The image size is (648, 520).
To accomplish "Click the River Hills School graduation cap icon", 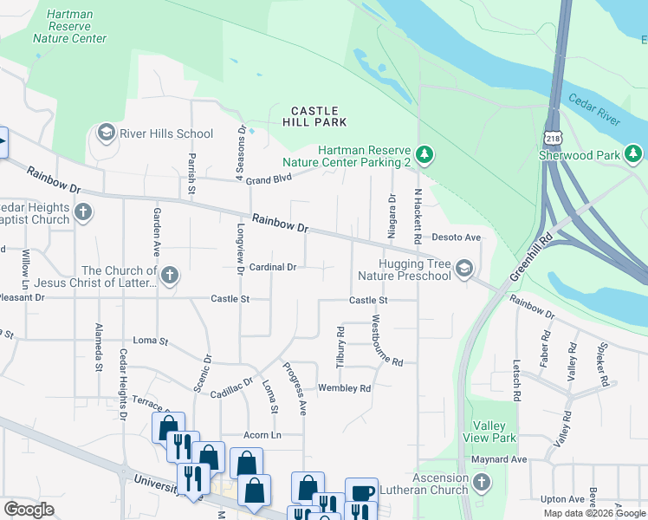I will click(x=107, y=133).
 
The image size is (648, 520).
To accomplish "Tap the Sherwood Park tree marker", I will click(x=634, y=154).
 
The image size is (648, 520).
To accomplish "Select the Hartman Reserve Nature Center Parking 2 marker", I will click(x=424, y=155).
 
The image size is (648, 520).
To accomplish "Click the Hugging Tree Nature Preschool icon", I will click(x=465, y=269).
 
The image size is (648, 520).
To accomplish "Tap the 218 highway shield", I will click(x=553, y=138).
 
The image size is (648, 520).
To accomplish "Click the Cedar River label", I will click(x=594, y=109).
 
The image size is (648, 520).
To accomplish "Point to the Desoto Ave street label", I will click(x=456, y=237).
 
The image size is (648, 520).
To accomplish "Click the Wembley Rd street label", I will click(x=344, y=388).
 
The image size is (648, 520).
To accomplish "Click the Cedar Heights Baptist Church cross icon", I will click(x=82, y=211).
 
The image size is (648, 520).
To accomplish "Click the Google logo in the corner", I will click(x=29, y=510).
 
